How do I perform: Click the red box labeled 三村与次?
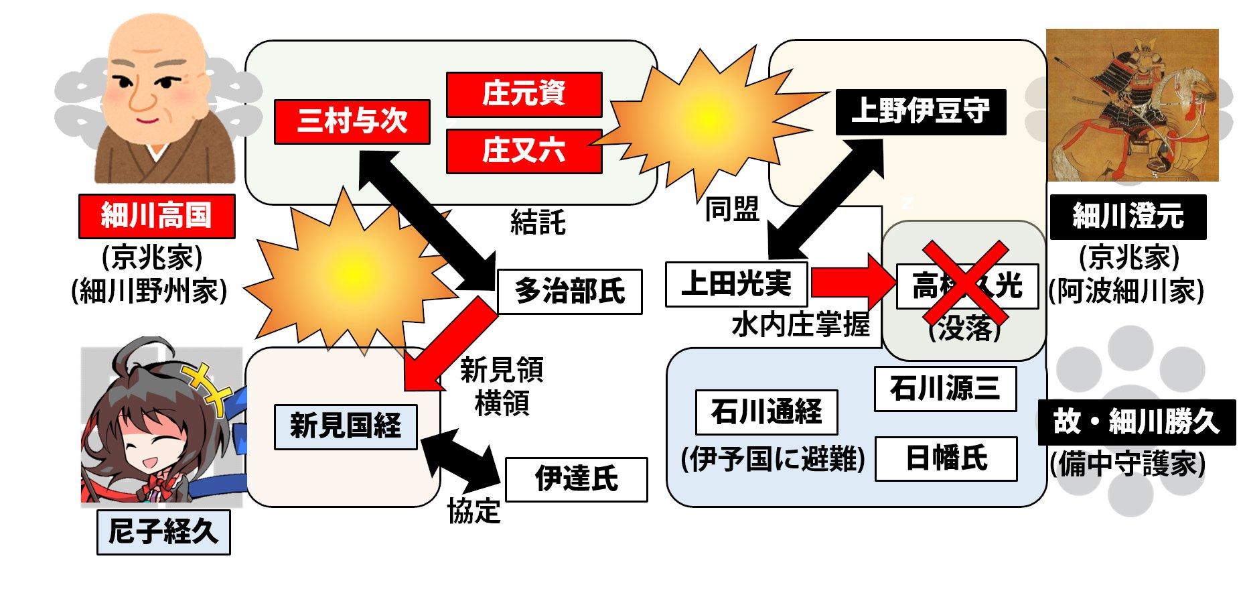point(352,122)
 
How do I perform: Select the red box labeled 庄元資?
point(524,94)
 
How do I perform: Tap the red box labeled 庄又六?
point(524,151)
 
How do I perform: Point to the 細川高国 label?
point(157,216)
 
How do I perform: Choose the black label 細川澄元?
point(1128,217)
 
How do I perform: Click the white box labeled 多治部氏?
point(569,291)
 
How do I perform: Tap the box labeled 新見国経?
point(346,426)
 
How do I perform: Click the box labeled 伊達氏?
point(576,479)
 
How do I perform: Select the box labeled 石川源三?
point(945,389)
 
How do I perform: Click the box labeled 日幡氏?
point(946,459)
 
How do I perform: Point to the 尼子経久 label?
point(163,533)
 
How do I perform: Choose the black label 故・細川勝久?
point(1136,423)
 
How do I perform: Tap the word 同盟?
point(732,210)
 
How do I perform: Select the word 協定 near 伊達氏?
point(473,512)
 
